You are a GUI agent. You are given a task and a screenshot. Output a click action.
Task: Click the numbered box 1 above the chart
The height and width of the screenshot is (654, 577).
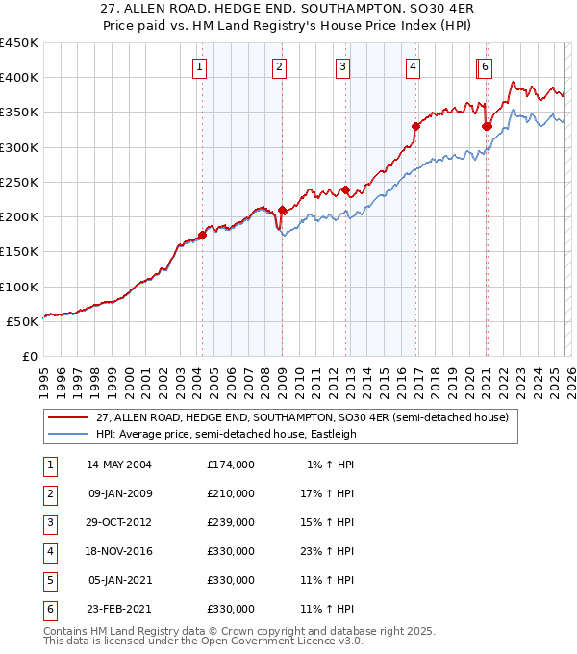(198, 66)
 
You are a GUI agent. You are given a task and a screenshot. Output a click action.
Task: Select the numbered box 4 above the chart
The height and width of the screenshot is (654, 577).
(412, 66)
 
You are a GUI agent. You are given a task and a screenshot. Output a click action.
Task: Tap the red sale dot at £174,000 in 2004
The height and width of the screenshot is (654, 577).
(203, 235)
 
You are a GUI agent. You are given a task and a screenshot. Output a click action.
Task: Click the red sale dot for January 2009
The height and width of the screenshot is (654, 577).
(282, 210)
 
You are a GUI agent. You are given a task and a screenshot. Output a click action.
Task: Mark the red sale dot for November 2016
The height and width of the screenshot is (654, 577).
(415, 126)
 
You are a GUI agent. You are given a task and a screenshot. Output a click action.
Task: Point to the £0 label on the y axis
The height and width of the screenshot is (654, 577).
(28, 356)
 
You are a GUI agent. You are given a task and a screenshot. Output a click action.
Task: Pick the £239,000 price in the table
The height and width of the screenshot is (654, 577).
(230, 522)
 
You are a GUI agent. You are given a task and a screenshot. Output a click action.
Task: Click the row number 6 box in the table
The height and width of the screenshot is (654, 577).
(49, 609)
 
